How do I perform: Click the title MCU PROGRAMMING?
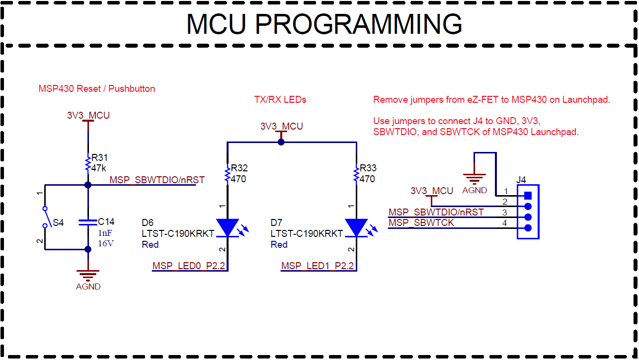coord(324,24)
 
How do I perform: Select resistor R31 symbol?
coord(88,163)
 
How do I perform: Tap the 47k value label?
coord(99,168)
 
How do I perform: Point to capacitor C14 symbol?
coord(88,222)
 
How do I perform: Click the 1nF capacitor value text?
coord(105,232)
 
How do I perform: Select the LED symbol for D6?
coord(228,228)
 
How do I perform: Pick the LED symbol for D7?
coord(356,228)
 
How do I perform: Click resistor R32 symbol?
coord(228,174)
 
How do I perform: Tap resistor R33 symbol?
coord(356,174)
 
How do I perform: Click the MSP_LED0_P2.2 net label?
coord(189,266)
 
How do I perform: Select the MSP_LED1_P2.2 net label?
coord(318,266)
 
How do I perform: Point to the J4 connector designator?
coord(521,180)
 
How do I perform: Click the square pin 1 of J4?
coord(528,195)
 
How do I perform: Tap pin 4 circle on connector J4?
coord(528,228)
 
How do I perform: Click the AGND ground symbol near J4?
coord(475,179)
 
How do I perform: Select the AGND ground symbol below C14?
coord(88,275)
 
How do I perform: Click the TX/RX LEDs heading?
coord(280,100)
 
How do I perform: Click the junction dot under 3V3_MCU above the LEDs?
coord(281,142)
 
